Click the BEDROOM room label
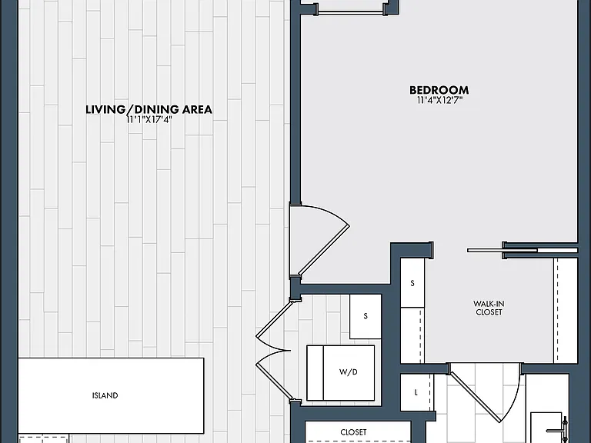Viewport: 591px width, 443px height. pos(439,90)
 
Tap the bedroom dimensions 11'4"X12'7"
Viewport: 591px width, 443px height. pos(439,100)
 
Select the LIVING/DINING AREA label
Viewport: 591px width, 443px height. pos(149,109)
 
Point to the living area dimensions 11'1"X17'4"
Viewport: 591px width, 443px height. pos(149,120)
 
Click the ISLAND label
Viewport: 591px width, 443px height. pos(105,395)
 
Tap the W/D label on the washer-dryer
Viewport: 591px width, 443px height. pos(349,372)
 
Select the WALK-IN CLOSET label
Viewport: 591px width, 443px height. pos(489,308)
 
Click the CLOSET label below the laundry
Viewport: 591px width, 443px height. pos(353,432)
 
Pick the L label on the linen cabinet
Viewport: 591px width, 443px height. pos(416,392)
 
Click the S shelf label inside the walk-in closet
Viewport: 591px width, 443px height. pos(412,283)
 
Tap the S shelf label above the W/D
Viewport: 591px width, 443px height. pos(366,316)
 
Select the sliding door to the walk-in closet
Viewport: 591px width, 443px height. pos(522,250)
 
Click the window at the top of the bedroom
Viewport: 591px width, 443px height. pos(351,12)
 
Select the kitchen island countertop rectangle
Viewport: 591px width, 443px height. pos(111,395)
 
